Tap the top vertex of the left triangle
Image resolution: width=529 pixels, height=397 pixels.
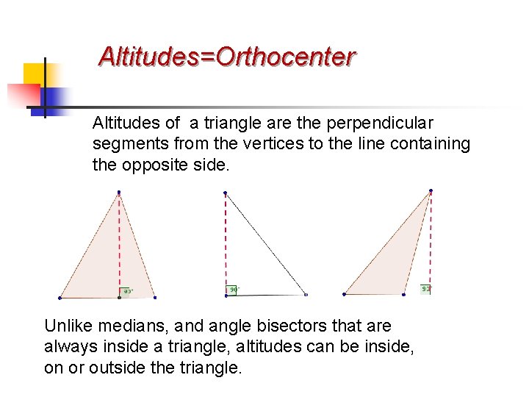(x=119, y=193)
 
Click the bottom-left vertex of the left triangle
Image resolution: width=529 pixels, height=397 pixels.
(x=60, y=298)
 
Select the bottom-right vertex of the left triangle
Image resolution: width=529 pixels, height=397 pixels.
(x=155, y=298)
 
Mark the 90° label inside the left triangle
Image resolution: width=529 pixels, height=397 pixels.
(x=127, y=291)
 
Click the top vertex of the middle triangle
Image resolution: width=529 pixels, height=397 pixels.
(x=226, y=193)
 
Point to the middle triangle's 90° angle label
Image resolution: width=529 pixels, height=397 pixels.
(x=234, y=290)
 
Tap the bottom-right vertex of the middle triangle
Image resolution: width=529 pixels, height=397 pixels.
(x=306, y=295)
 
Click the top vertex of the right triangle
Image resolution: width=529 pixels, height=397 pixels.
(x=431, y=191)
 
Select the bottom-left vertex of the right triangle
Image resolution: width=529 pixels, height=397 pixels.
(x=344, y=294)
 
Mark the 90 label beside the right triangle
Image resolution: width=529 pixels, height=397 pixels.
(x=425, y=289)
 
